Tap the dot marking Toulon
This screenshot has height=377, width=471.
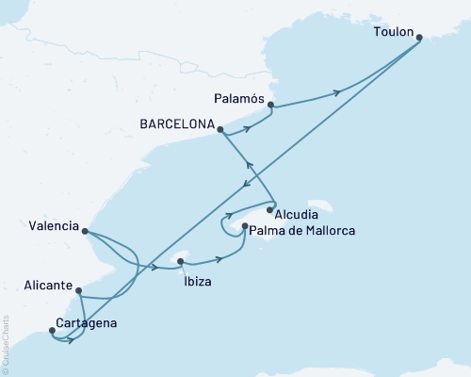click(x=419, y=38)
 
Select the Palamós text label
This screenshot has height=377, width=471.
click(x=239, y=94)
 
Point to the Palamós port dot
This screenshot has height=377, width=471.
click(x=271, y=106)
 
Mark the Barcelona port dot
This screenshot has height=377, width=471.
click(x=219, y=131)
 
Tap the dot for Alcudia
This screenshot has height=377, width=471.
click(x=270, y=210)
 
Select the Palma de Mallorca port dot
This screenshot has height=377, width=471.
click(x=245, y=226)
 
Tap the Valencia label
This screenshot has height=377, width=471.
click(x=54, y=225)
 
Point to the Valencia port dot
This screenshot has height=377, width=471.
click(x=85, y=231)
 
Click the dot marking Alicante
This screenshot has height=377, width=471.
click(x=79, y=292)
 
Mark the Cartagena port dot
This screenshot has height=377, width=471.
click(x=52, y=330)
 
